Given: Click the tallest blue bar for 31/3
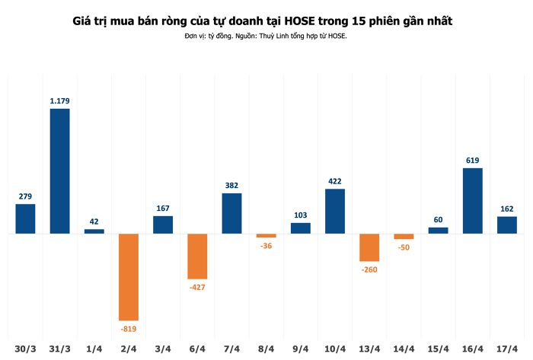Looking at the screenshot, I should pos(59,170).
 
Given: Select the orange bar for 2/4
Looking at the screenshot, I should pos(129,276).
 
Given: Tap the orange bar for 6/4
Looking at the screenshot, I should pos(197,256).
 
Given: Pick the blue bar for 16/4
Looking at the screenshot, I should pos(472,200).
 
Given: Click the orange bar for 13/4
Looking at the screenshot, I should pos(369,247).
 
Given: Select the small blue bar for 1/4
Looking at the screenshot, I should pos(94,231).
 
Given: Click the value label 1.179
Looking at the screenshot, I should pos(59,100).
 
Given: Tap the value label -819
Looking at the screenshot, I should pos(129,328).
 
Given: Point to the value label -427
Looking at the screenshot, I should pos(197,287).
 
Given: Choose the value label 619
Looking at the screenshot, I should pos(472,160).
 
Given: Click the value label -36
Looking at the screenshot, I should pos(266,246).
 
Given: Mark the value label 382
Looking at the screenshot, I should pos(231,185).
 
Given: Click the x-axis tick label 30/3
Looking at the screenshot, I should pos(25,349).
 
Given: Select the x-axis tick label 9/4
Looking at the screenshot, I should pos(300,349).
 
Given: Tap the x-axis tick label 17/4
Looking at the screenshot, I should pos(506,349).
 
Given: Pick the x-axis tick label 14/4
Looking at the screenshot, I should pos(404,349).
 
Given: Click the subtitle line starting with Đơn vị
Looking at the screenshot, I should pos(266,36).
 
